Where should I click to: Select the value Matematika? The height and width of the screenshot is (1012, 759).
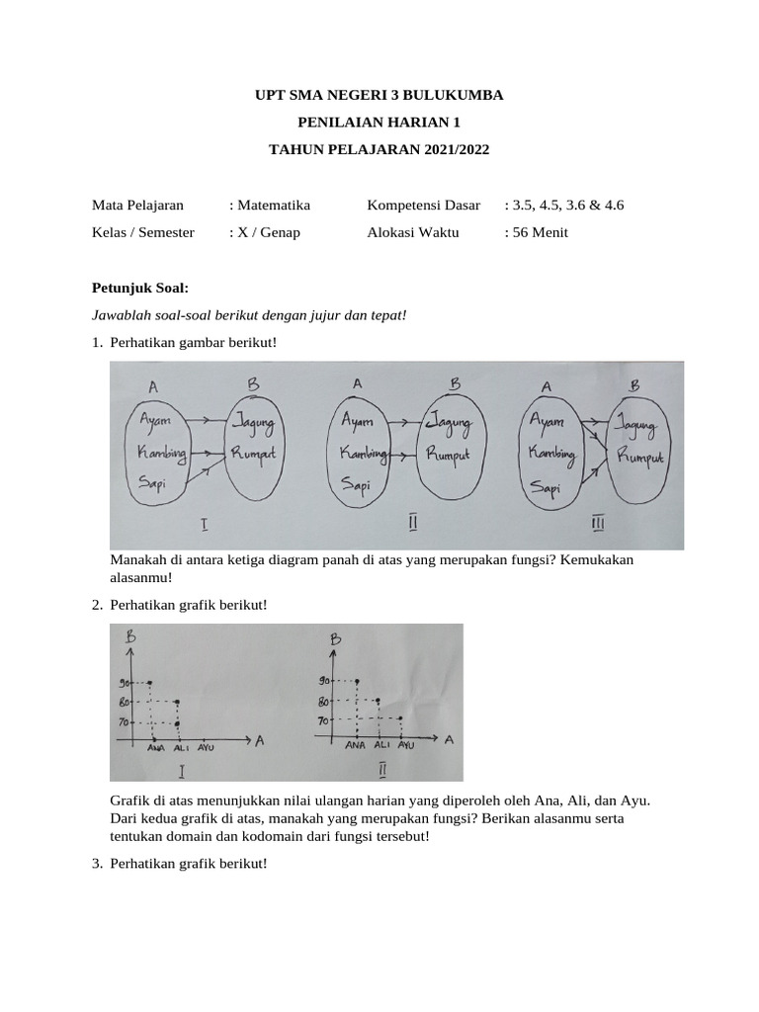pos(273,206)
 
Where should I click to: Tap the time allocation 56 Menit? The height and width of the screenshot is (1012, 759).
pos(539,233)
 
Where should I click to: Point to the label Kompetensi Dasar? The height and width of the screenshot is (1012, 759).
pos(423,206)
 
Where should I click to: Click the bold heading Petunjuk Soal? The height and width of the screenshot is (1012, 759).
pos(139,288)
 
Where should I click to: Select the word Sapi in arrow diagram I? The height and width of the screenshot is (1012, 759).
pos(152,483)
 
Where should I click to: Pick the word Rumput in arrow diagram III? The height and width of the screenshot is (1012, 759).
pos(640,456)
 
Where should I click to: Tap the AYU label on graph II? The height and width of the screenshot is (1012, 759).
pos(405,744)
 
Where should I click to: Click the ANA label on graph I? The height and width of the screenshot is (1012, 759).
pos(156,748)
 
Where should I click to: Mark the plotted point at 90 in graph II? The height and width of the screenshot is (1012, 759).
pos(357,680)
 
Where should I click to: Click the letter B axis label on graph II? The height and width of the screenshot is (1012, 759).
pos(334,641)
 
